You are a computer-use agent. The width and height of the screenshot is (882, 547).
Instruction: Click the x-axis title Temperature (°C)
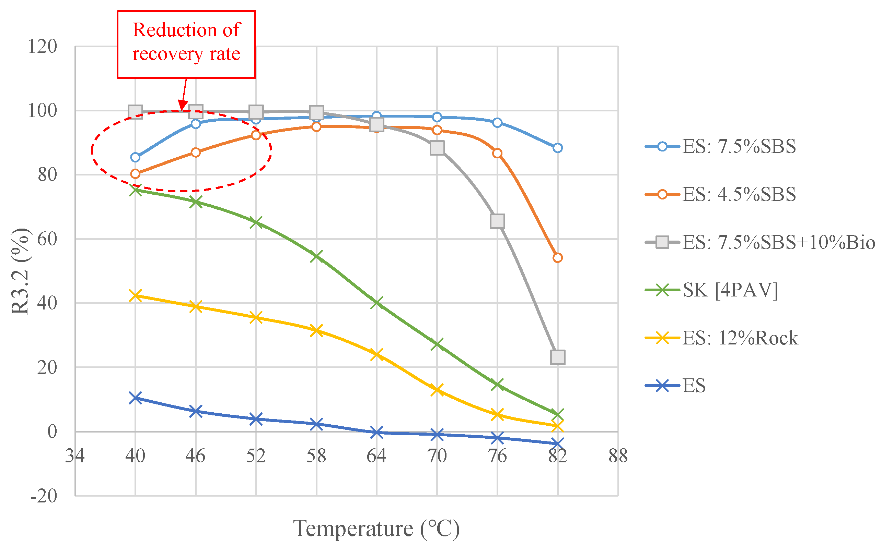click(x=376, y=528)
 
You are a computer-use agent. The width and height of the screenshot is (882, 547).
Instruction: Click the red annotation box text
click(x=186, y=42)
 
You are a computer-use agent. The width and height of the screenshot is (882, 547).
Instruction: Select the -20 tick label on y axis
click(x=44, y=496)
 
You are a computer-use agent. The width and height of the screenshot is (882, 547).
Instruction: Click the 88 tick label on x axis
click(x=618, y=456)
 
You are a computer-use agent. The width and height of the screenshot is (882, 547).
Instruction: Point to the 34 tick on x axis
click(x=74, y=456)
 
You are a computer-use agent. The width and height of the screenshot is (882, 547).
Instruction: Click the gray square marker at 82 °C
click(x=557, y=357)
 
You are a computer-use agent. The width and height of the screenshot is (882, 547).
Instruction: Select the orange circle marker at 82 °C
click(x=557, y=258)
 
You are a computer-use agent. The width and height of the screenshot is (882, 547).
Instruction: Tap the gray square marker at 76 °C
click(x=497, y=221)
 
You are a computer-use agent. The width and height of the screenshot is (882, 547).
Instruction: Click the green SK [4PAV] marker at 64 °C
click(x=377, y=302)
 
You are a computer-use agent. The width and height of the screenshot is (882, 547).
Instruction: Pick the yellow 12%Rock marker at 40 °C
click(x=136, y=295)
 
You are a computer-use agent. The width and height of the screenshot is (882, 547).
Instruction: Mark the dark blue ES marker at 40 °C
click(x=136, y=398)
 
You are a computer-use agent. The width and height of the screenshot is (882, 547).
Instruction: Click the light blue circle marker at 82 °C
click(x=557, y=148)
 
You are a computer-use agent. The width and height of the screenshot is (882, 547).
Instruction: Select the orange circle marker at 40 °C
click(x=136, y=174)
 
